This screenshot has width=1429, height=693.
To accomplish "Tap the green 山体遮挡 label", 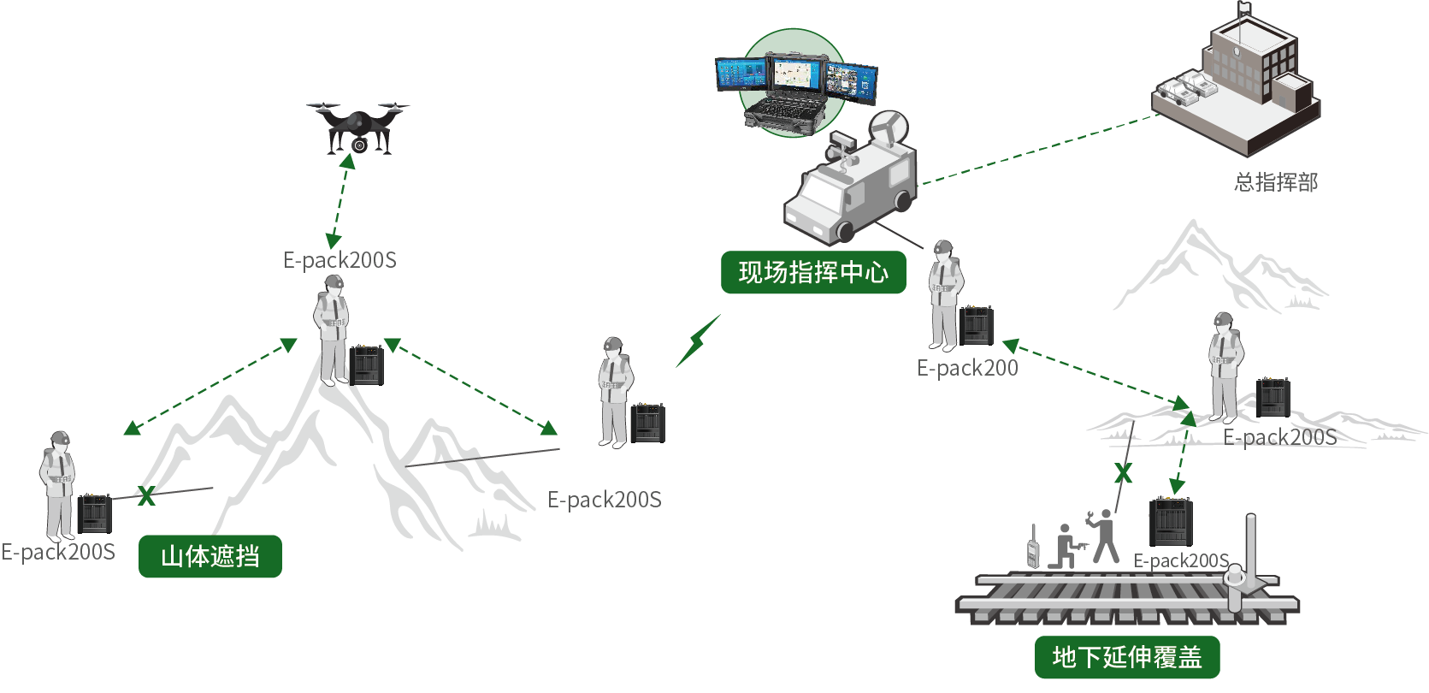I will click(x=210, y=556).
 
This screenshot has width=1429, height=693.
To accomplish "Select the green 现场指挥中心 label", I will click(x=812, y=272).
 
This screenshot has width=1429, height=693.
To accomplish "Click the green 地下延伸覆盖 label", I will click(x=1127, y=657).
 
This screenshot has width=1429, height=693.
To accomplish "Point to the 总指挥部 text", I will click(x=1276, y=182).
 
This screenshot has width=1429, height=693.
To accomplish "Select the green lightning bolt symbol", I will click(x=699, y=341).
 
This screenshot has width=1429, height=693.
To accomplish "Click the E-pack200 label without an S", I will click(x=967, y=368).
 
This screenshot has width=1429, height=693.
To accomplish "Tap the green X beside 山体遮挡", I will click(x=146, y=495).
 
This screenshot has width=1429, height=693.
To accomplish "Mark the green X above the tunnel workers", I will click(x=1123, y=473).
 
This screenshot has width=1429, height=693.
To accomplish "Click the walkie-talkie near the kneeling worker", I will click(x=1033, y=548).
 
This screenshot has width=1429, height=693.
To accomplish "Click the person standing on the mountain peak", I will click(x=332, y=329).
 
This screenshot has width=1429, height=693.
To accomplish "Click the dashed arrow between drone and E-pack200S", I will click(x=340, y=200).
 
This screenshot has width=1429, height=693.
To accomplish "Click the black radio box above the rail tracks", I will click(x=1170, y=522).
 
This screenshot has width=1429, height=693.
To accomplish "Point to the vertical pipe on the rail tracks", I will click(x=1249, y=560).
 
